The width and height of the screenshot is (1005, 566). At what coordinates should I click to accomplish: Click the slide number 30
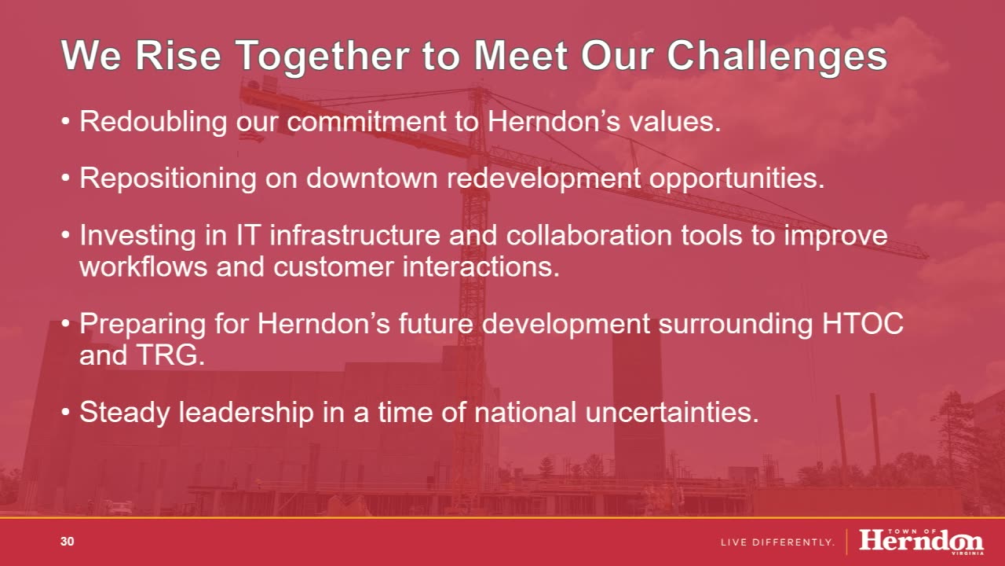point(68,542)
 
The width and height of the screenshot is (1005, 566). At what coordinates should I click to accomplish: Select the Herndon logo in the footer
point(922,542)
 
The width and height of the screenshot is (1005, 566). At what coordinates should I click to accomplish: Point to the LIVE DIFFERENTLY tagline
point(777,542)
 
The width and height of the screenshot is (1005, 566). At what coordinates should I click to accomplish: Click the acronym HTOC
point(862,323)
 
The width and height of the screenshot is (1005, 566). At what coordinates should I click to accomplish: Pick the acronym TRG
point(170,355)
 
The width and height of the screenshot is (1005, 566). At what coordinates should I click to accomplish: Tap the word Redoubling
point(153,122)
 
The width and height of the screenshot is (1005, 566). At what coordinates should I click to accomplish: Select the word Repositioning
point(168,178)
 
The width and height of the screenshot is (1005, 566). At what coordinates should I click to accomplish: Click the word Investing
point(137,236)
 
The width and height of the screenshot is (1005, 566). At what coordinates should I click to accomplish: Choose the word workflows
point(144,266)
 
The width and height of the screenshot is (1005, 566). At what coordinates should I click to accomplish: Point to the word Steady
point(125,413)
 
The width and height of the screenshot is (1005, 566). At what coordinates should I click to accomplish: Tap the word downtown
point(371,178)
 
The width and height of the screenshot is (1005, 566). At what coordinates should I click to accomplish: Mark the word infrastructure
point(355,235)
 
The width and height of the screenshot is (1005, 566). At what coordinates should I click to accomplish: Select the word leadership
point(247,413)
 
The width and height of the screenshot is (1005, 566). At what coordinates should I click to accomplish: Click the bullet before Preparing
point(66,324)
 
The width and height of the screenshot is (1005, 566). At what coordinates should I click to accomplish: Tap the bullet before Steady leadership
point(66,412)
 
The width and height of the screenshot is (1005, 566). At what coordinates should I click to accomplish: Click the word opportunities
point(736,178)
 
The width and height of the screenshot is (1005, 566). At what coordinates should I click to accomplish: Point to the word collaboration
point(589,235)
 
